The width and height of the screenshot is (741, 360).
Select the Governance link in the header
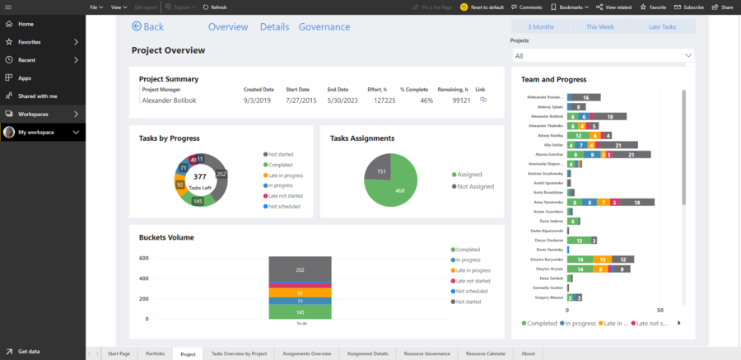[x=324, y=26]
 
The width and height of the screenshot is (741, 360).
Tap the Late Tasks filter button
[x=662, y=26]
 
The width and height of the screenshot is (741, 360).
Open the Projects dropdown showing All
[x=602, y=55]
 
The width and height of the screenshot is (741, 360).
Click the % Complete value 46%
[x=426, y=101]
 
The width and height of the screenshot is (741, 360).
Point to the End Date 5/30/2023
[x=343, y=101]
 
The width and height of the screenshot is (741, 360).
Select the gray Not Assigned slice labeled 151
[x=381, y=171]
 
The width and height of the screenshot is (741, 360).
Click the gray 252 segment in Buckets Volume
[x=300, y=269]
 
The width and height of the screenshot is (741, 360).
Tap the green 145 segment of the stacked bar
[x=300, y=312]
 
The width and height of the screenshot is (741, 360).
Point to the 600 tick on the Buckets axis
[x=143, y=258]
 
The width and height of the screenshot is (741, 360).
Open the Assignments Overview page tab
[x=306, y=353]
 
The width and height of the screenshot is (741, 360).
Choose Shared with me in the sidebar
[x=37, y=96]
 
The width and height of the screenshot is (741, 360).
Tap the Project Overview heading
[x=168, y=50]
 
